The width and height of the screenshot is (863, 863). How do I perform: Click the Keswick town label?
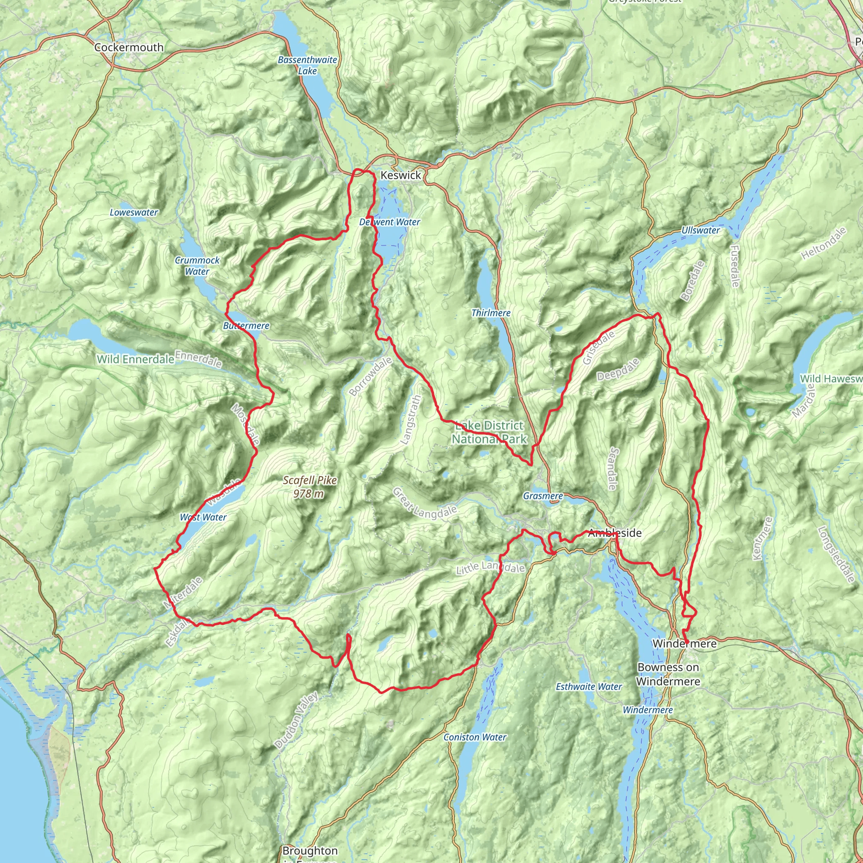click(x=401, y=176)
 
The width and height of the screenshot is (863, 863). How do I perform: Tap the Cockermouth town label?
click(x=129, y=47)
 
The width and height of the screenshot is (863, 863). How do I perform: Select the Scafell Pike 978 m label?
click(x=310, y=487)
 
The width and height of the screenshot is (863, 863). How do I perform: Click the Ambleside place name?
click(x=615, y=533)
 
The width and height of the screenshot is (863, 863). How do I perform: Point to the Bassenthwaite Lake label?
click(x=307, y=65)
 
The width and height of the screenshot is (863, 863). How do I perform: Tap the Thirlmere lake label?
click(x=491, y=313)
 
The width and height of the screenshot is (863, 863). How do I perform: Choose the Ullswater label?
click(x=700, y=230)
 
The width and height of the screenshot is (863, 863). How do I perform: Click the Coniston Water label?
click(x=475, y=737)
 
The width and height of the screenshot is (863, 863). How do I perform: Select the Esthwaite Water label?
click(x=589, y=687)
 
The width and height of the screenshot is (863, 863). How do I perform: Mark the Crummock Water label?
click(x=197, y=266)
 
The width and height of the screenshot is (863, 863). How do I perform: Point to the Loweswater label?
click(x=134, y=213)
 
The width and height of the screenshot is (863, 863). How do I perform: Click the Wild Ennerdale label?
click(x=135, y=359)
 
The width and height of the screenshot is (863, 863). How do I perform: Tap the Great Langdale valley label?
click(x=424, y=504)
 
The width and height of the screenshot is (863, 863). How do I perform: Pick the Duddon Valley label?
click(x=296, y=720)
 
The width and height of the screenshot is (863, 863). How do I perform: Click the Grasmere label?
click(x=543, y=496)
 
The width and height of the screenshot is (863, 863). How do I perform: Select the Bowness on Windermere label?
click(x=668, y=674)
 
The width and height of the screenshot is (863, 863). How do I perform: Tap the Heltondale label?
click(x=823, y=244)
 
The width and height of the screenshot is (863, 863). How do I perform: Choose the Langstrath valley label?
click(x=411, y=420)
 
